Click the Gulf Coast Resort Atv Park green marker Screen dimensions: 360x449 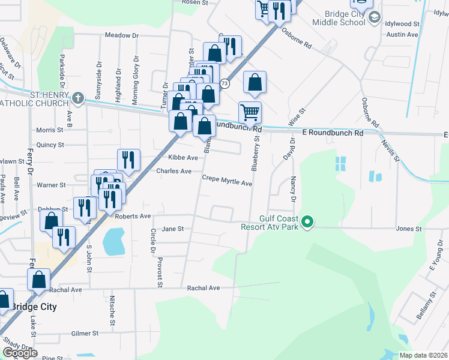tap(307, 223)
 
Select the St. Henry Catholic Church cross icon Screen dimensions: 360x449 tap(78, 97)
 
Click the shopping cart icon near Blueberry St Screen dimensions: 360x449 tap(250, 111)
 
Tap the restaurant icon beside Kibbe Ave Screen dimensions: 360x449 tap(128, 159)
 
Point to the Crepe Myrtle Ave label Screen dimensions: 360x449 tap(226, 182)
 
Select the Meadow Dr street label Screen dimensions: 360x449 tap(122, 35)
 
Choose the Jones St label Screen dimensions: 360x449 tap(409, 229)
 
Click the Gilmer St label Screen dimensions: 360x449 tap(85, 333)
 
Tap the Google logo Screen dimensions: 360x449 tap(20, 353)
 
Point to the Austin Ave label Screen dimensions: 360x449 tap(402, 35)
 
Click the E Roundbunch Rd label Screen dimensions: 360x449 tap(333, 132)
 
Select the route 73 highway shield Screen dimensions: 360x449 tap(224, 83)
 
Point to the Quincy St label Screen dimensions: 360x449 tap(50, 145)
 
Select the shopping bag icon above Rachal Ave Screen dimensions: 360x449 tap(38, 279)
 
